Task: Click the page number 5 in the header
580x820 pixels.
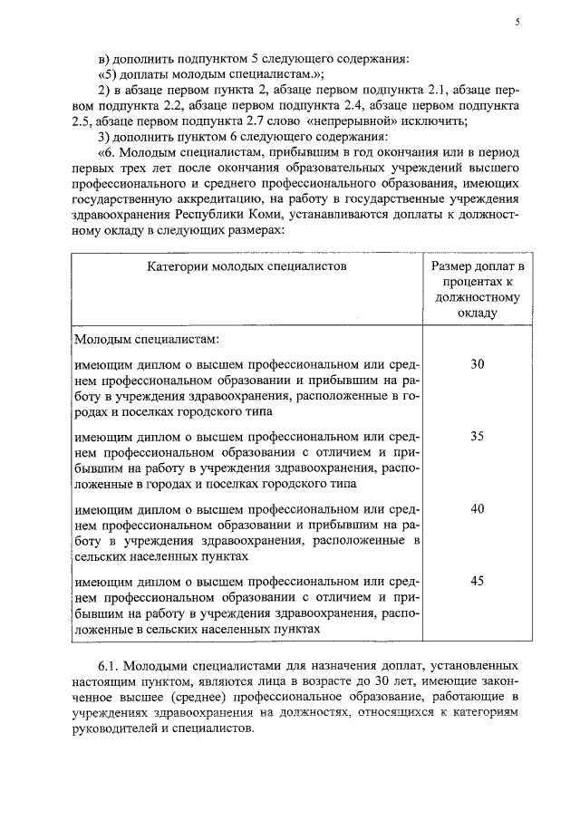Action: click(517, 24)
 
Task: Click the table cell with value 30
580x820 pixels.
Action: click(478, 364)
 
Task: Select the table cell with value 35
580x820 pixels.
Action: click(478, 436)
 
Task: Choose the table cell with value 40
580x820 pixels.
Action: click(478, 507)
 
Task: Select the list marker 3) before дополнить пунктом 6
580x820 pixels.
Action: click(102, 137)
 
